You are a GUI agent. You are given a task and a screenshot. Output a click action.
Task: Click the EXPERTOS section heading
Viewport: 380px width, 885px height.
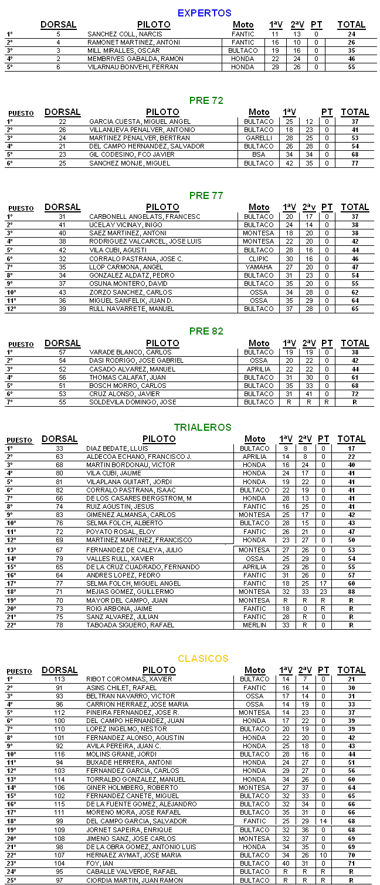pyautogui.click(x=204, y=13)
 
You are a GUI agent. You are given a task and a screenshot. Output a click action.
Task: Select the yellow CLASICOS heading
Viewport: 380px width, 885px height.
pyautogui.click(x=203, y=658)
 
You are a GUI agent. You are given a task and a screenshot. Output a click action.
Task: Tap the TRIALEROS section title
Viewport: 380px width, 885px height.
pyautogui.click(x=202, y=427)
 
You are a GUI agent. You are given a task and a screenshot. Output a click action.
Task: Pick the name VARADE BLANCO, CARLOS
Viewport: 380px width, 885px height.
pyautogui.click(x=122, y=352)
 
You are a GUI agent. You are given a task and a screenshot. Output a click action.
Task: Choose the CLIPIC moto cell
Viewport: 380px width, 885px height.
pyautogui.click(x=259, y=259)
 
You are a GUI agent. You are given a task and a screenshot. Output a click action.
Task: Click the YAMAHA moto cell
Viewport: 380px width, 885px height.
pyautogui.click(x=259, y=267)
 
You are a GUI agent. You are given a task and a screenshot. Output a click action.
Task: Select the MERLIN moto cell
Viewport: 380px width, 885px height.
pyautogui.click(x=255, y=625)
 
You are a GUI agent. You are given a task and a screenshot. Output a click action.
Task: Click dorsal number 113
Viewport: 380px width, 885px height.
pyautogui.click(x=59, y=679)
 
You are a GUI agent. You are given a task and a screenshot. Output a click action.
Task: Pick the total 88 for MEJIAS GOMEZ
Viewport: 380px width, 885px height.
pyautogui.click(x=351, y=592)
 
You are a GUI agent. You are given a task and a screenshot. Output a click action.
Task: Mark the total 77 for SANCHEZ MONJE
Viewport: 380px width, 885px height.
pyautogui.click(x=355, y=163)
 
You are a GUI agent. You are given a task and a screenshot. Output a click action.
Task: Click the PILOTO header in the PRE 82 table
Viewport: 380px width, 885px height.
pyautogui.click(x=162, y=343)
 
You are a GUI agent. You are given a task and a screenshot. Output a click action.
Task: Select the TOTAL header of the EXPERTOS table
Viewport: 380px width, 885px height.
pyautogui.click(x=351, y=25)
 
